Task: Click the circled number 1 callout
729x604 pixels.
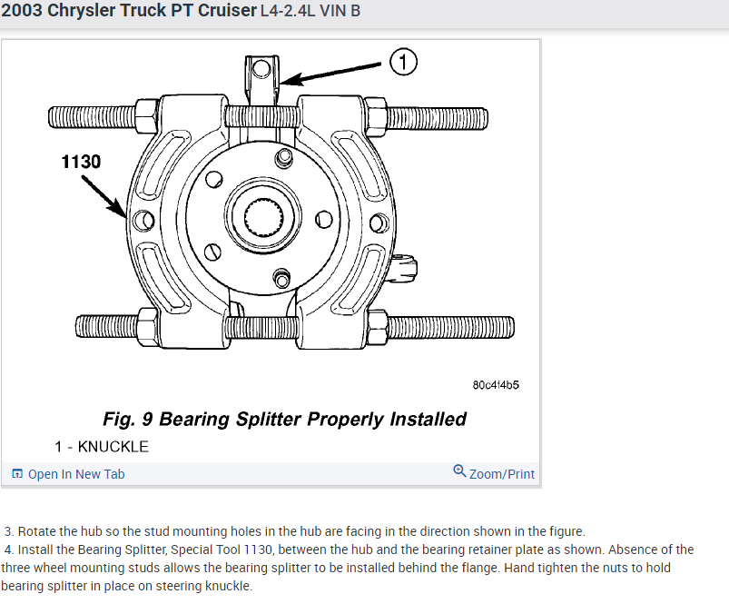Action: point(403,63)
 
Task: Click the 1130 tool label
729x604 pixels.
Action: point(81,162)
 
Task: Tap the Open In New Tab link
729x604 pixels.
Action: point(76,474)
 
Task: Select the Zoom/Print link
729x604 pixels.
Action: point(501,474)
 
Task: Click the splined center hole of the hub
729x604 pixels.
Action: point(265,218)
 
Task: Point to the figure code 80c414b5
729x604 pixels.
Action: point(496,385)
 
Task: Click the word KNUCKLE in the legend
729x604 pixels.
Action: point(113,447)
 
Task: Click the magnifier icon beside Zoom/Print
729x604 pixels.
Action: point(459,471)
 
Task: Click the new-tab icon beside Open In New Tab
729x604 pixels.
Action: point(17,474)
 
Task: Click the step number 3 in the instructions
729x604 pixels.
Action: point(9,531)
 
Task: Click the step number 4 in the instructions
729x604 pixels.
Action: point(9,550)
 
